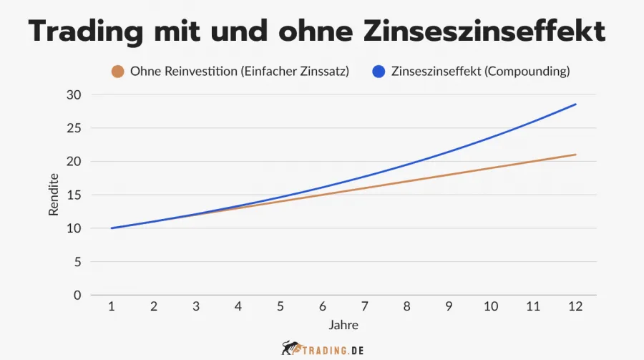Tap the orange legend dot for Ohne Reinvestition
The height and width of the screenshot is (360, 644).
(118, 72)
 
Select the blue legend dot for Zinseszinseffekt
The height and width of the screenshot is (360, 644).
(379, 72)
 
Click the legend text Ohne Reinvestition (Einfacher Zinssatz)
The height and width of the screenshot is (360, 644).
(239, 72)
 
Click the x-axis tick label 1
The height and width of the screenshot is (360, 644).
(112, 306)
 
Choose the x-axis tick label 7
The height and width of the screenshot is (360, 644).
(364, 306)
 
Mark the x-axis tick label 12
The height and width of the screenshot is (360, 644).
(575, 306)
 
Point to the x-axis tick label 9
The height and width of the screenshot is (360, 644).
(449, 306)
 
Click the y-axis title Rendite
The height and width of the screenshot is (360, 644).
(54, 195)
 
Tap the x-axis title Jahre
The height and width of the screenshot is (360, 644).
(343, 325)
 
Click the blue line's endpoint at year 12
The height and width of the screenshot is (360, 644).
(575, 104)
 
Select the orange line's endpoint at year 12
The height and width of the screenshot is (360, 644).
(575, 155)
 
